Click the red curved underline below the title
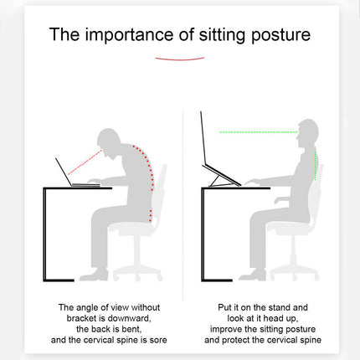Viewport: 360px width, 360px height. tap(180, 59)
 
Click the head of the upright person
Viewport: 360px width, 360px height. tap(307, 134)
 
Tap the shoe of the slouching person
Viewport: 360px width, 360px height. tap(92, 274)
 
